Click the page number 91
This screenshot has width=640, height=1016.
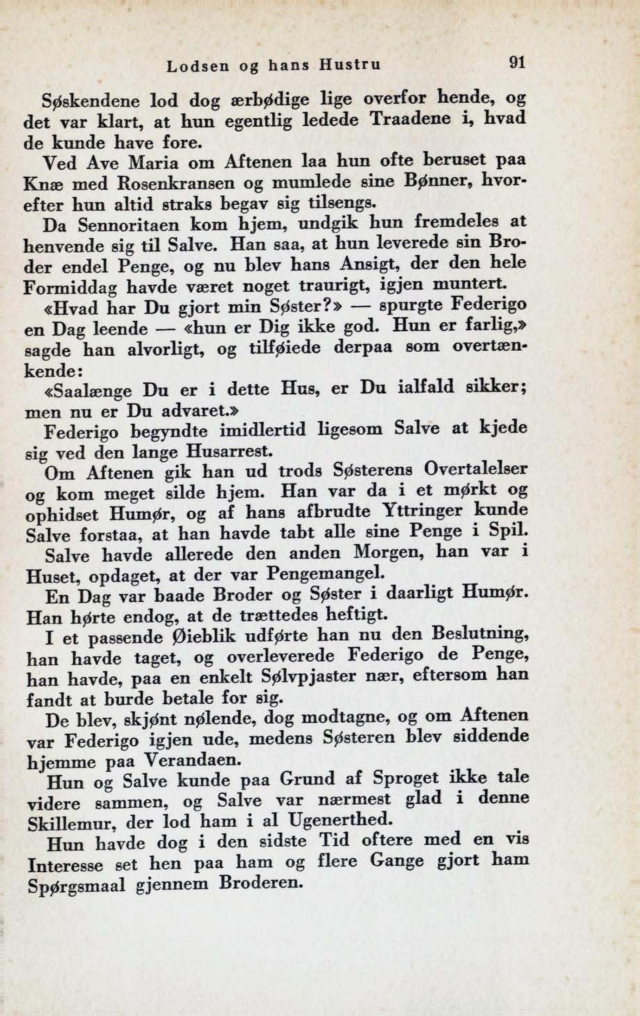pyautogui.click(x=517, y=62)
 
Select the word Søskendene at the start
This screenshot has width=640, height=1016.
pyautogui.click(x=90, y=101)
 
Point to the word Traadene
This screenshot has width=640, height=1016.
pyautogui.click(x=410, y=120)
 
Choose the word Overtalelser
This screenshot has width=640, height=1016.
pyautogui.click(x=475, y=469)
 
